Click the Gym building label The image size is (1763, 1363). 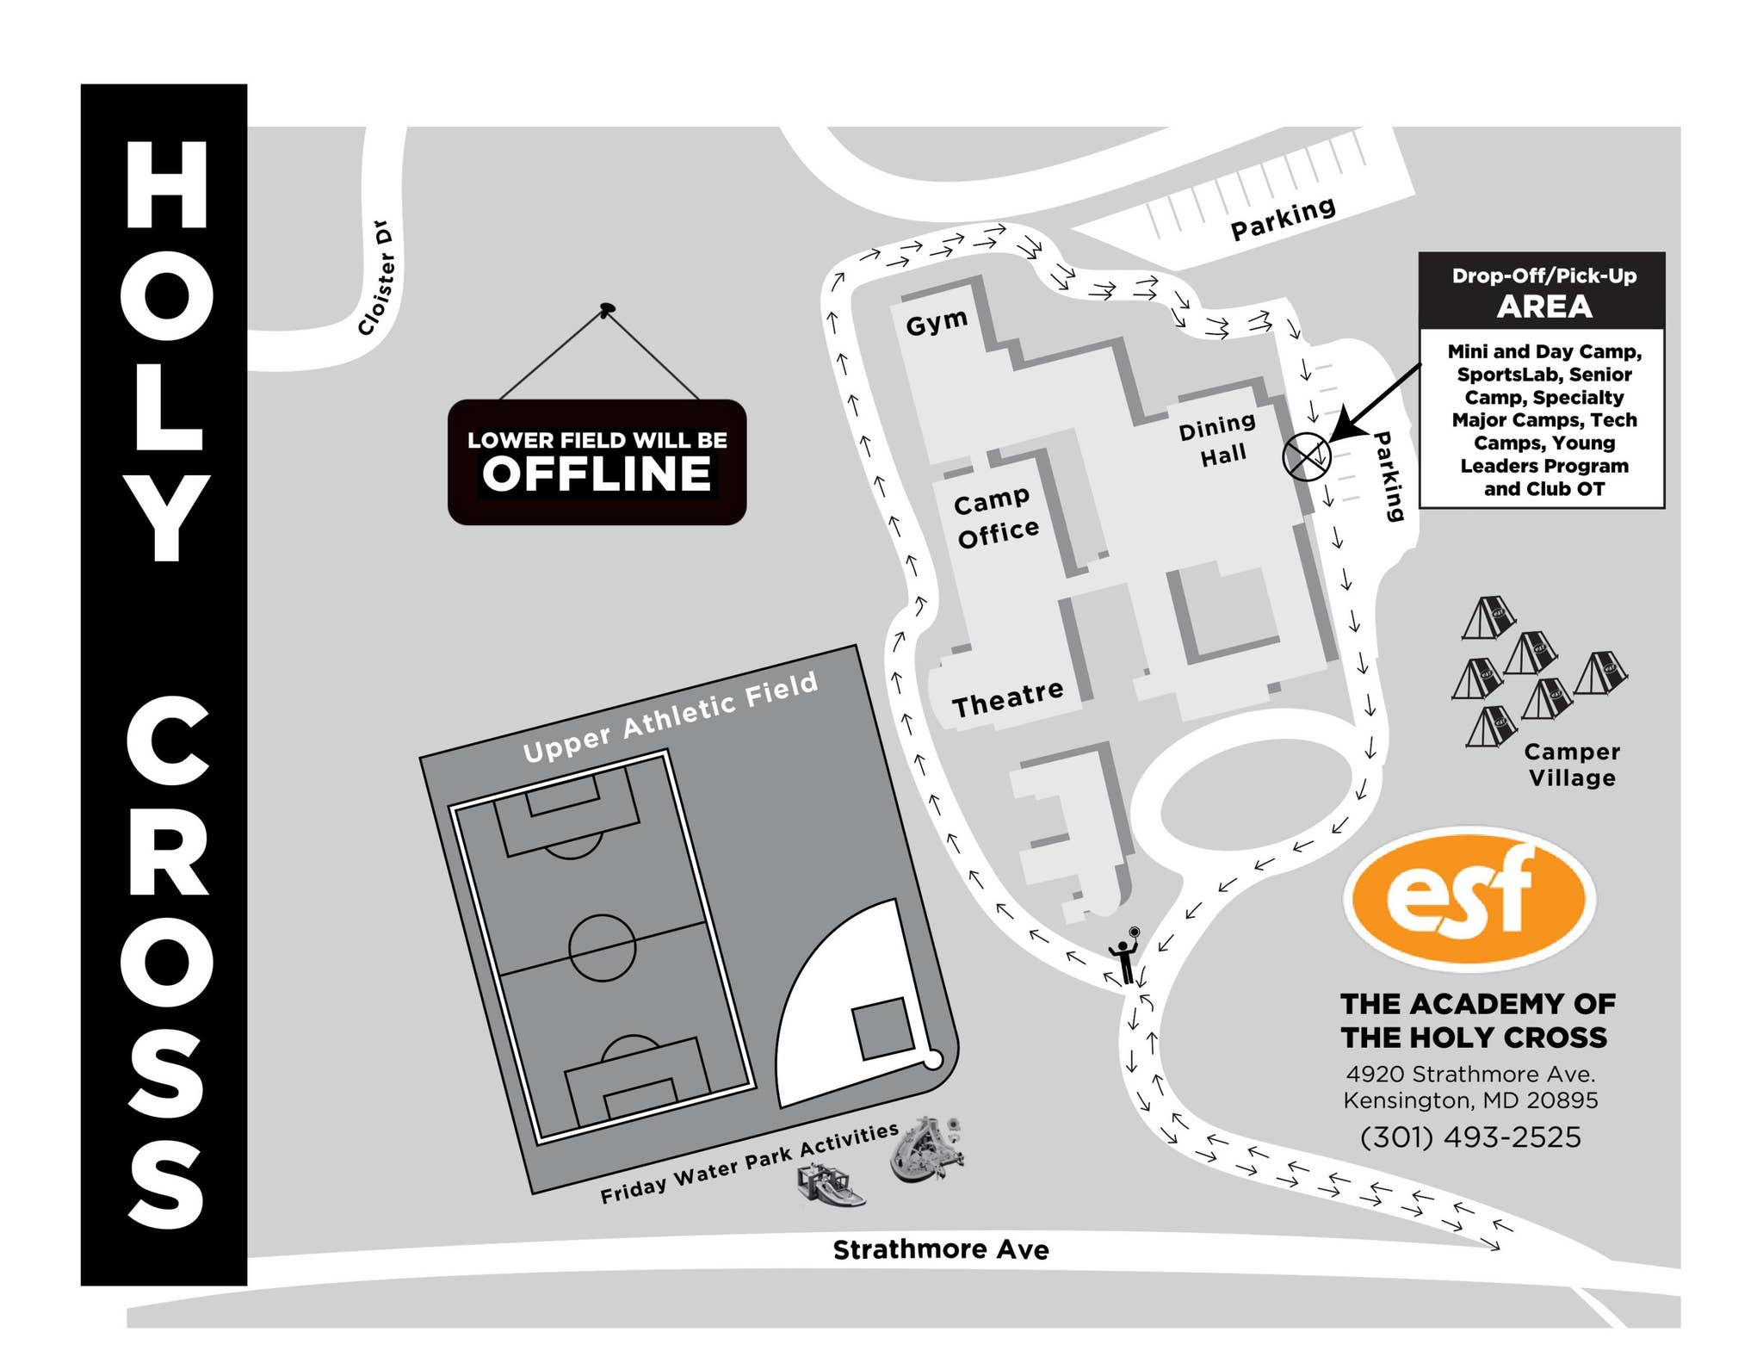[x=937, y=323]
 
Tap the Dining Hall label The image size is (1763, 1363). [x=1219, y=439]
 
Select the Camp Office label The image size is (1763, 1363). [x=996, y=517]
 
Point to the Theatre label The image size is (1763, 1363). [x=1007, y=698]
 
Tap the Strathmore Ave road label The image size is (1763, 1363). [x=940, y=1249]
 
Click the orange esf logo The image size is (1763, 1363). [x=1469, y=896]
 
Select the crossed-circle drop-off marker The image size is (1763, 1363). [x=1306, y=456]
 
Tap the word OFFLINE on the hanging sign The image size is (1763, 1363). [x=597, y=474]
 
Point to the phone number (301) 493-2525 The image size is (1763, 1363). [x=1470, y=1137]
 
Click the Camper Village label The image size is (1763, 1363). [x=1572, y=765]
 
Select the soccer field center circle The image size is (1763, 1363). [x=602, y=947]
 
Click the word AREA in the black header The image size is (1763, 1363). [x=1543, y=307]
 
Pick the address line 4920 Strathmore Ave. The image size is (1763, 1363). [x=1470, y=1074]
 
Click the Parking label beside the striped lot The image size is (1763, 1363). [x=1283, y=219]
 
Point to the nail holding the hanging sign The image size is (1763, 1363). [x=607, y=307]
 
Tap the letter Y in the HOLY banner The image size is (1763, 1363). [x=165, y=518]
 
